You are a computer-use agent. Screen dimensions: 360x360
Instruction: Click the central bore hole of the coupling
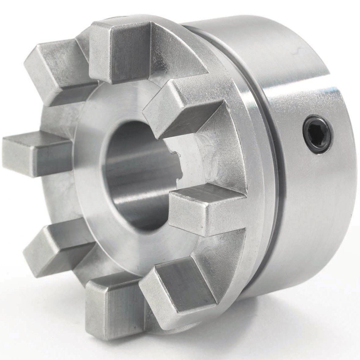(134, 177)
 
